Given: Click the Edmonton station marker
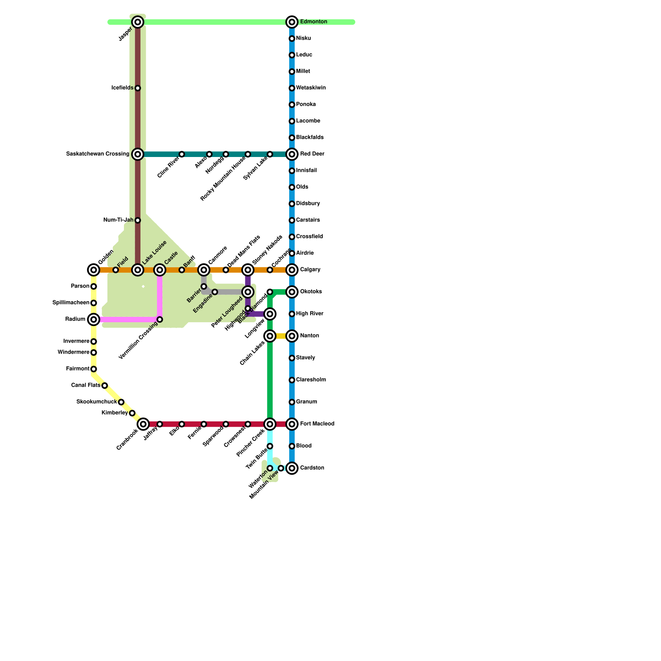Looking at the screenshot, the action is tap(292, 22).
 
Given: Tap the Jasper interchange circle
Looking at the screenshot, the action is tap(138, 22).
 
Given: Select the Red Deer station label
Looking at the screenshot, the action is tap(312, 154).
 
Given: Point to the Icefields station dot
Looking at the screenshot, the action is tap(138, 88).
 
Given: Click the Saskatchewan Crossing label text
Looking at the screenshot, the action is tap(97, 154).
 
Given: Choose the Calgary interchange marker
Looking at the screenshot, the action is tap(292, 270).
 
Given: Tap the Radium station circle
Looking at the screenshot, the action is tap(94, 319).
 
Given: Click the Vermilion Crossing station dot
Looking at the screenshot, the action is tap(160, 319).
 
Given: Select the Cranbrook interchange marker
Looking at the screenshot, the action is tap(143, 424).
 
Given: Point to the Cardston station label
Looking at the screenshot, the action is tap(312, 468).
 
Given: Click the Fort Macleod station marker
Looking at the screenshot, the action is tap(292, 424).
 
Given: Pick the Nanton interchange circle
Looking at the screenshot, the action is tap(292, 336).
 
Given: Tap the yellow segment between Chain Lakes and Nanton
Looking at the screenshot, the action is tap(281, 336).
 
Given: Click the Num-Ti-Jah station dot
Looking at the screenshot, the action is tap(138, 220).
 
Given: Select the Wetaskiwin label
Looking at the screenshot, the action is tap(311, 88).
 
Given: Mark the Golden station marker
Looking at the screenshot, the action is tap(94, 270).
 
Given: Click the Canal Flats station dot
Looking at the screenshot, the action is tap(105, 385).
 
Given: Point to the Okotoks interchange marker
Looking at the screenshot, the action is tap(292, 292).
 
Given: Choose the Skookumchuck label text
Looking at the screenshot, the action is tap(96, 402).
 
